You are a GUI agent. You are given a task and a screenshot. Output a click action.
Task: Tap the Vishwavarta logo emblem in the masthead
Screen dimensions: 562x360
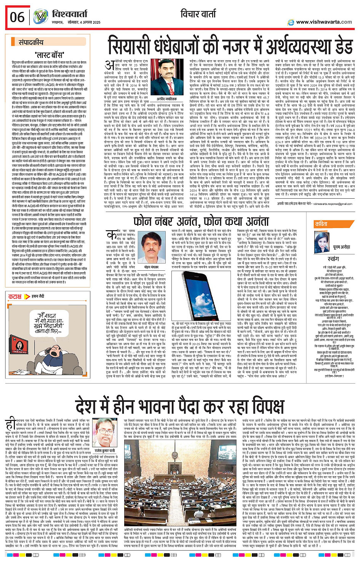pos(40,16)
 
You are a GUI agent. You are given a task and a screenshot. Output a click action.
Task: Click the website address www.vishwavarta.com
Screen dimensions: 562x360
pos(323,22)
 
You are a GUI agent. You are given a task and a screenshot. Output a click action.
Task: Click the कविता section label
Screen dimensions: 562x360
pos(321,224)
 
